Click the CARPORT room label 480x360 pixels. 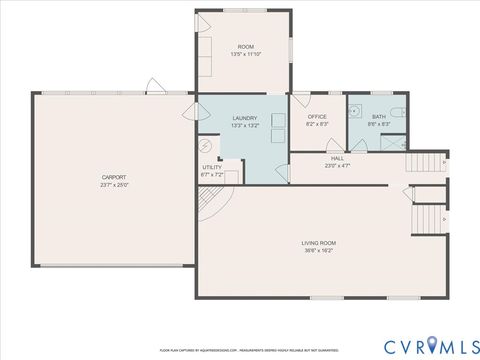tap(113, 177)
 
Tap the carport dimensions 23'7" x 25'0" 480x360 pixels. tap(113, 185)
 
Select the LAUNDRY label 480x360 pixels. tap(244, 118)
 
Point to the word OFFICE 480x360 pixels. tap(316, 117)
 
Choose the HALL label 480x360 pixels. tap(338, 159)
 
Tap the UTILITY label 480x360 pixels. tap(212, 167)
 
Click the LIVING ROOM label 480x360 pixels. tap(318, 243)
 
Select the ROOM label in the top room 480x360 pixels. tap(245, 47)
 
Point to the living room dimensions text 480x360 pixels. tap(318, 251)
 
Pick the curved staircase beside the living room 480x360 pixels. tap(206, 206)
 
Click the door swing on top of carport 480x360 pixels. tap(153, 86)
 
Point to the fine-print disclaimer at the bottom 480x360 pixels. tap(239, 351)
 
